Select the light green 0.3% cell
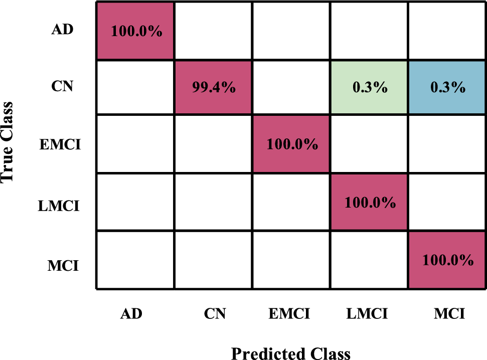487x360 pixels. tap(369, 87)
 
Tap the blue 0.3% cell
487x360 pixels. tap(447, 87)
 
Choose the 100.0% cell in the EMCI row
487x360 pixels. tap(291, 145)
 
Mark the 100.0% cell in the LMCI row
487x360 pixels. tap(369, 203)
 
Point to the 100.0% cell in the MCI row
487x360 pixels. tap(447, 260)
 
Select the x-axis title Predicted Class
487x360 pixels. tap(291, 352)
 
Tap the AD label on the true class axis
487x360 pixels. tap(63, 30)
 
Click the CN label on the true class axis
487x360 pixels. tap(63, 87)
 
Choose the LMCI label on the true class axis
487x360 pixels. tap(59, 206)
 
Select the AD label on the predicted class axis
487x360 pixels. tap(131, 314)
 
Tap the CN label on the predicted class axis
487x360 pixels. tap(215, 314)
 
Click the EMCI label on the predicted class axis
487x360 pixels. tap(289, 314)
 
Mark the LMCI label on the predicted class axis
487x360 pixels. tap(367, 314)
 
